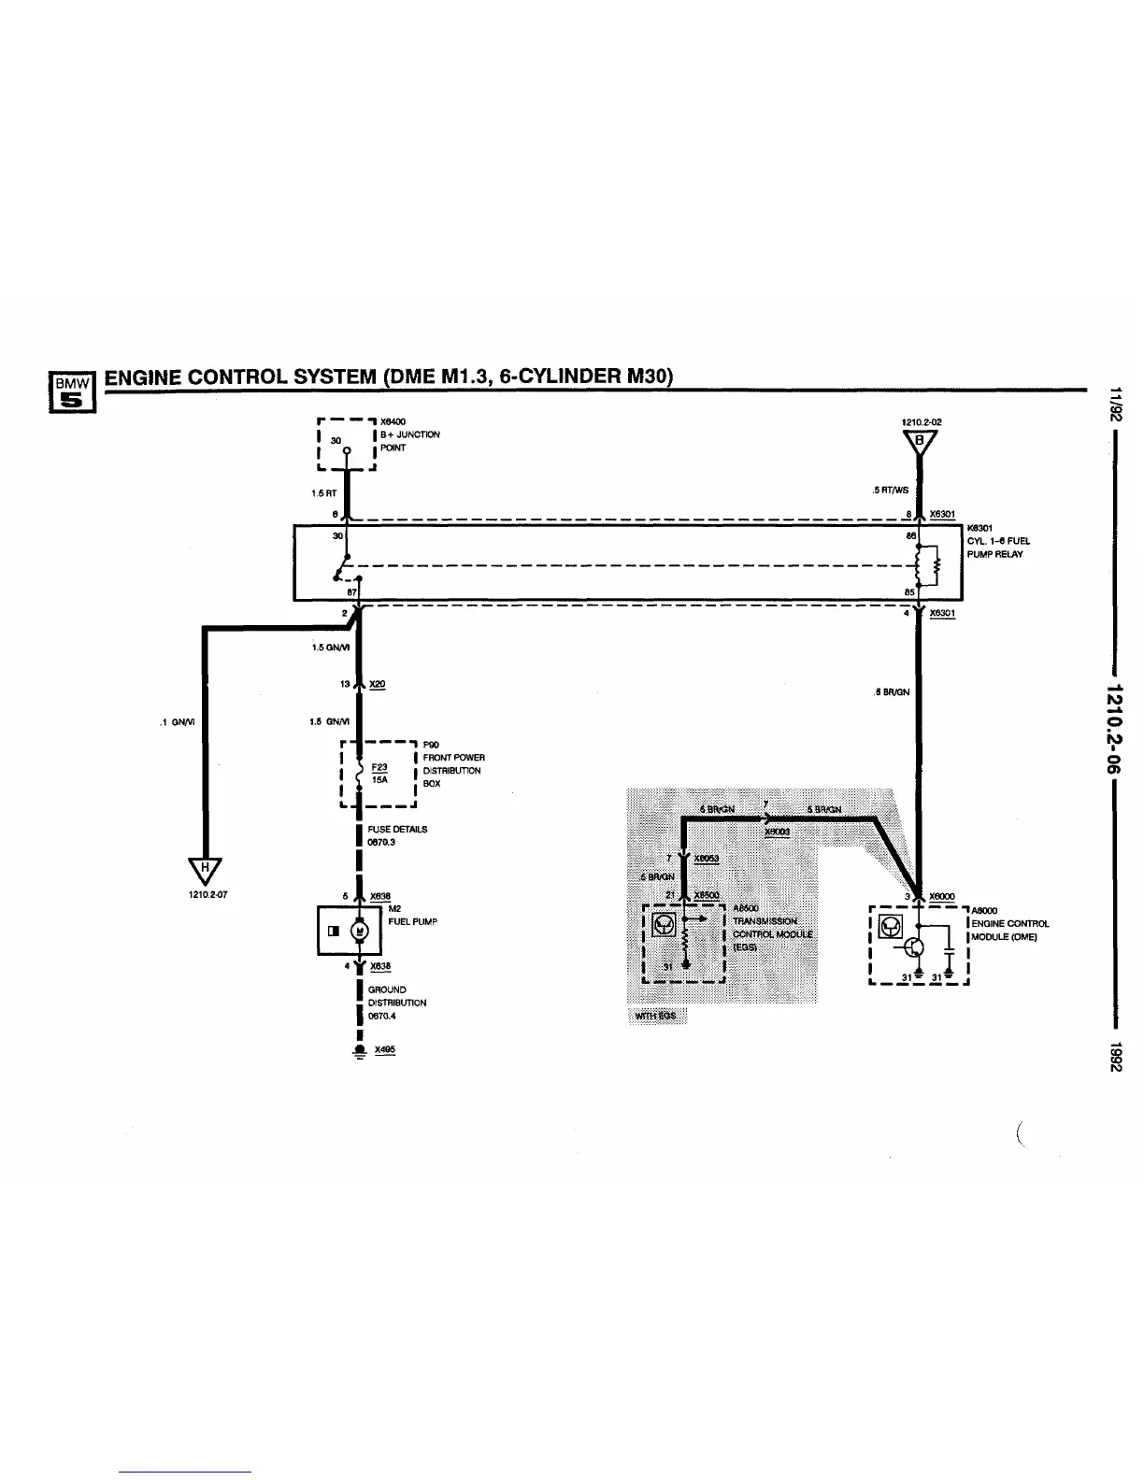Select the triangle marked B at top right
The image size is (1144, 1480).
pyautogui.click(x=921, y=441)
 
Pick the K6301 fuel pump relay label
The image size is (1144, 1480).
pyautogui.click(x=998, y=541)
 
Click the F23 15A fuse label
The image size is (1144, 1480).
pyautogui.click(x=379, y=772)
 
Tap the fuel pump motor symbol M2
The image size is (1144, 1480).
pyautogui.click(x=359, y=931)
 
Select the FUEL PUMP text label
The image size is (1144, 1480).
pyautogui.click(x=412, y=921)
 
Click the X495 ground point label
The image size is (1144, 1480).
pyautogui.click(x=384, y=1049)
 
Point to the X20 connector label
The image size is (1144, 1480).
pyautogui.click(x=377, y=685)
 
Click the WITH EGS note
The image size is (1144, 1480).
pyautogui.click(x=656, y=1016)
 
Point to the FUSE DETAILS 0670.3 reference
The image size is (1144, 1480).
pyautogui.click(x=397, y=835)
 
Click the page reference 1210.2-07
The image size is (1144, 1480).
pyautogui.click(x=207, y=894)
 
